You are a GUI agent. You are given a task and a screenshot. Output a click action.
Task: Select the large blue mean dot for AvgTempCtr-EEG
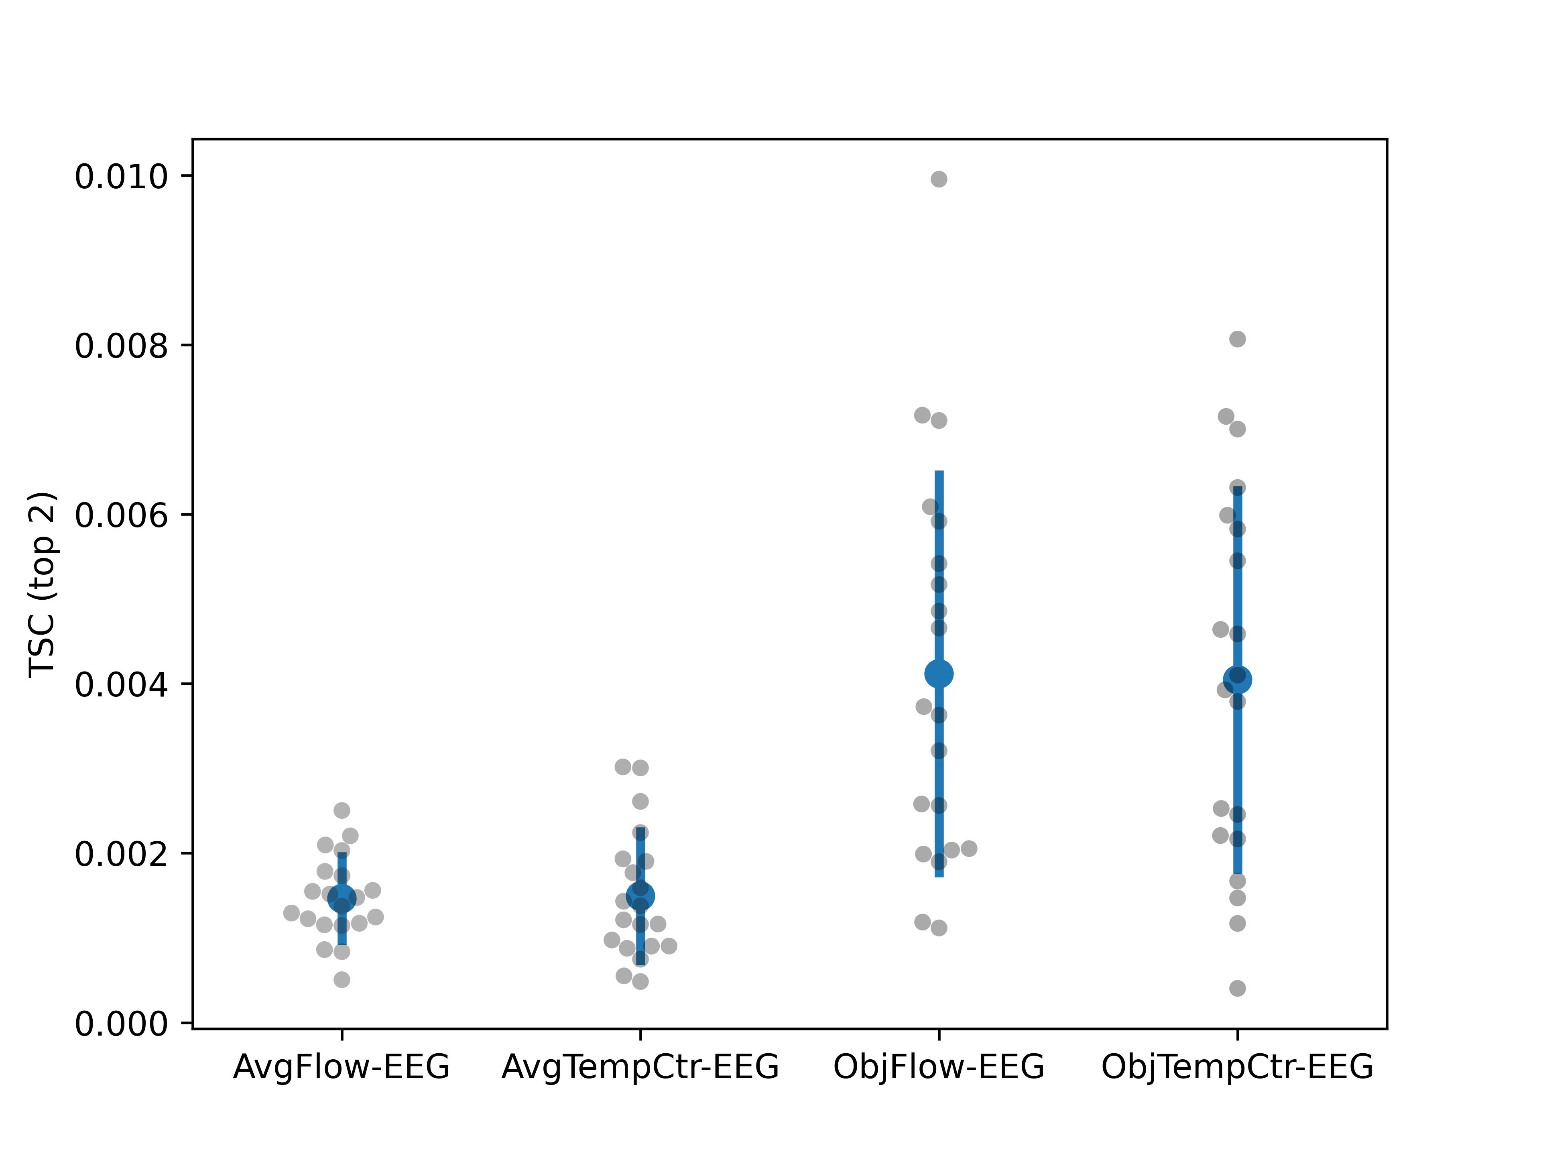[640, 896]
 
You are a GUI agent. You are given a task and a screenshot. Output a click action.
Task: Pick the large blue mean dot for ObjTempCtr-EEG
[1237, 680]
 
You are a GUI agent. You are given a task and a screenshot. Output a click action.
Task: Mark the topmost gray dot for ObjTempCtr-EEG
[1237, 339]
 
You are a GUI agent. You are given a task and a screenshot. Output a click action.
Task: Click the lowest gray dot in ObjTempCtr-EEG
[1237, 988]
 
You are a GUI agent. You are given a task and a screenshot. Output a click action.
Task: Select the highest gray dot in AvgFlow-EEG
[342, 810]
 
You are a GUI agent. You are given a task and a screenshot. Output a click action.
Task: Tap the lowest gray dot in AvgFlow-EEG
[342, 980]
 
